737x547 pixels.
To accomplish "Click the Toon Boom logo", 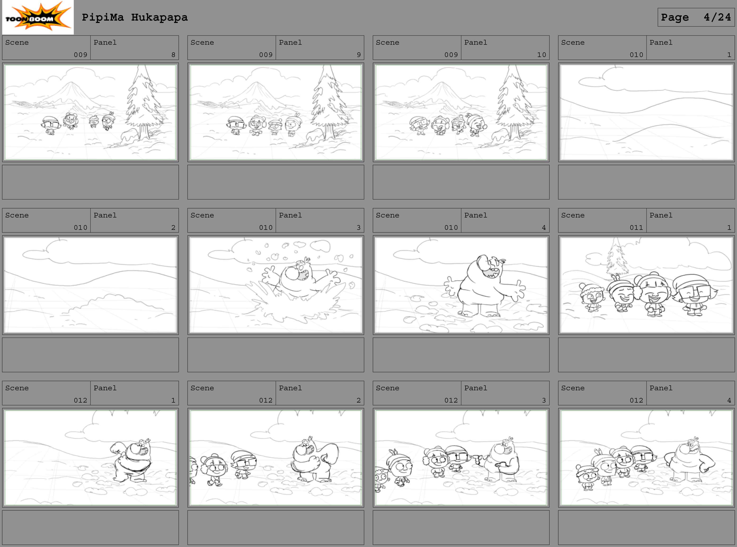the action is tap(38, 17).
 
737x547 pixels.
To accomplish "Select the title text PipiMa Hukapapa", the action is tap(135, 17).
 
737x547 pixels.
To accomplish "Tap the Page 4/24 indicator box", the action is tap(696, 17).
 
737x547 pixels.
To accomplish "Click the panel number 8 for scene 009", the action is tap(173, 55).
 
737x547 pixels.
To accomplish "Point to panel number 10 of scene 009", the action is tap(542, 55).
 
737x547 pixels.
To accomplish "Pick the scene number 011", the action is tap(636, 227).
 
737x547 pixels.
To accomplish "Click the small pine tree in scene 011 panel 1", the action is tap(617, 257).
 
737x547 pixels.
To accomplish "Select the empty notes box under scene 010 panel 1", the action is tap(646, 182).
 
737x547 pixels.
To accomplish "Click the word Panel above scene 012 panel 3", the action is tap(475, 388).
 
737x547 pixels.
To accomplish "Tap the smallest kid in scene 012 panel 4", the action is tap(587, 477).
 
